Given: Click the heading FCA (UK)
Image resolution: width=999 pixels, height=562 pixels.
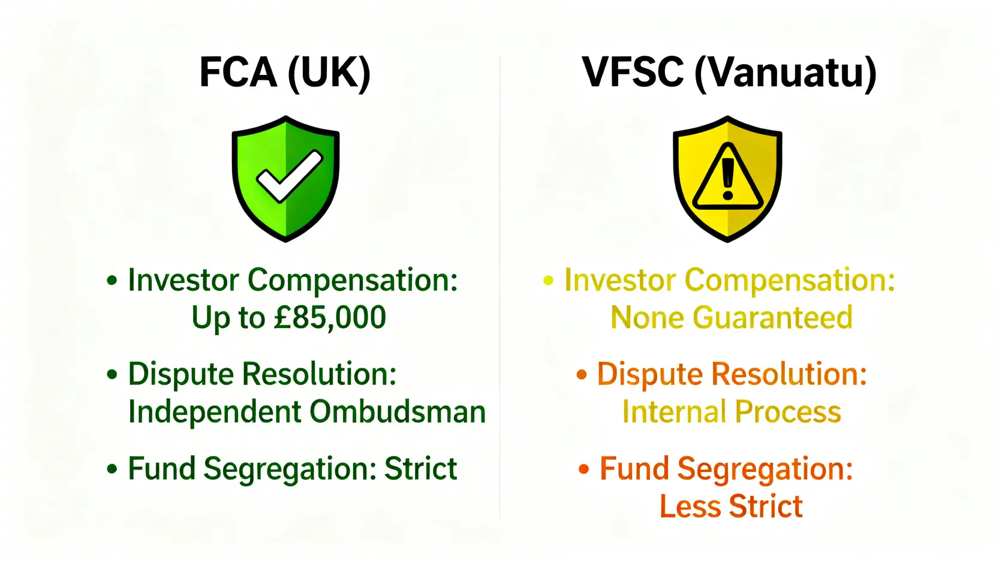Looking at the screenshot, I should [285, 73].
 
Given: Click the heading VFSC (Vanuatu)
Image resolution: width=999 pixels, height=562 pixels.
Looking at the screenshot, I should [729, 73].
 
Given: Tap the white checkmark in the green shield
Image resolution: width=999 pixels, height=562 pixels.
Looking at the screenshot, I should [289, 176].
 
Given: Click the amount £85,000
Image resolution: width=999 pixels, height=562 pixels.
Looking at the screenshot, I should [329, 318].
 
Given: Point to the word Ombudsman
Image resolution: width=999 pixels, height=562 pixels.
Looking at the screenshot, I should [397, 412].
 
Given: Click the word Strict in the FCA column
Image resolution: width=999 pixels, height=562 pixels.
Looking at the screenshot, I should [420, 468].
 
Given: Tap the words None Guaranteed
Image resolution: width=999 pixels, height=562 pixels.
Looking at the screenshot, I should [731, 318].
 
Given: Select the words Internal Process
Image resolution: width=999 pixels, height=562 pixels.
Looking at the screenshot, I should [731, 412].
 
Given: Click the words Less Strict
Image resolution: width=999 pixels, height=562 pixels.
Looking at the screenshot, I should [730, 506].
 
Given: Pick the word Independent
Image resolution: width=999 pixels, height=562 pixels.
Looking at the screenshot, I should [214, 412].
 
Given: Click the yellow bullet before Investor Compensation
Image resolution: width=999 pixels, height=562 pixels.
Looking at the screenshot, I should [548, 281].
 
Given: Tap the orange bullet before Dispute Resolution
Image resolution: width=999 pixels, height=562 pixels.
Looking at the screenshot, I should [581, 375].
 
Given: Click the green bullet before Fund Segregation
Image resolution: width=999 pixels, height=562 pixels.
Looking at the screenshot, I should [112, 469].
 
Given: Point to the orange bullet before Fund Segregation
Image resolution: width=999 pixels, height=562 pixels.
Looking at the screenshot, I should [583, 469].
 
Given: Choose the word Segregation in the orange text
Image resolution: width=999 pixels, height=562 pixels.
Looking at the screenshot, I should [765, 468].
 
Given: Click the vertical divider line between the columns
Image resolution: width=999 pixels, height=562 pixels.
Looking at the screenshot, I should [499, 288].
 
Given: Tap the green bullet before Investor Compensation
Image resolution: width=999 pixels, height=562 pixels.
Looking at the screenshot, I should [112, 281].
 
